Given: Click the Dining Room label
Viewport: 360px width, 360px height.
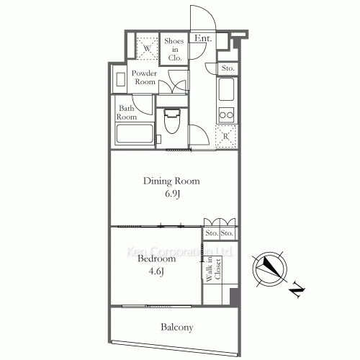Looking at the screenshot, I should (x=171, y=181).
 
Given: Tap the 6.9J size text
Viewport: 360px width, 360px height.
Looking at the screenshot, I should (x=171, y=194).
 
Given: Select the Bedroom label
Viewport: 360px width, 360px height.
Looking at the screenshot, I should (x=156, y=258).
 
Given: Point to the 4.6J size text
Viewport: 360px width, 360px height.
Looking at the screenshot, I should (x=156, y=271).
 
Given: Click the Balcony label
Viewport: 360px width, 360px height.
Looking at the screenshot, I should (x=176, y=328).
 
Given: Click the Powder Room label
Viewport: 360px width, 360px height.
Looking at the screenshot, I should (x=145, y=78).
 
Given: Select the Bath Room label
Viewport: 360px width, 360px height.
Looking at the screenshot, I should (x=127, y=112).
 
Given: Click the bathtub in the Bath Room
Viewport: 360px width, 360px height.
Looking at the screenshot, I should (x=135, y=135).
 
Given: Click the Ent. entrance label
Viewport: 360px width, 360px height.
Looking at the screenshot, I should (x=201, y=37).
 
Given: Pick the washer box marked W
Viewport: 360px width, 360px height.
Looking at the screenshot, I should (x=146, y=49).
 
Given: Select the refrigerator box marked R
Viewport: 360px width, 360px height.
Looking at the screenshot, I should (x=226, y=135).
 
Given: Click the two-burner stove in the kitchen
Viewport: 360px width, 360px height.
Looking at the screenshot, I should (x=226, y=113).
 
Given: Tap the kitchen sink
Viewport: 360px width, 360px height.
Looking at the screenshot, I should (x=225, y=92).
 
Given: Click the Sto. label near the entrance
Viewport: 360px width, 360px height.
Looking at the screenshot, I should (x=227, y=68).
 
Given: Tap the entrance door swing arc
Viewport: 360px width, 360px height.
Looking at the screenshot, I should (x=199, y=16).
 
